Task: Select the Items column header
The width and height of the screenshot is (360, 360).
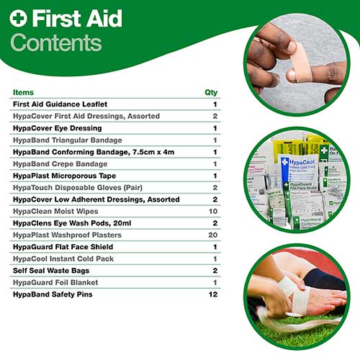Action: coord(23,93)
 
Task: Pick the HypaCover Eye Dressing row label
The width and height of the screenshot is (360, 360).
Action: coord(57,128)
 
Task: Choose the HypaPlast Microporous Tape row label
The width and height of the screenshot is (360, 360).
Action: coord(63,175)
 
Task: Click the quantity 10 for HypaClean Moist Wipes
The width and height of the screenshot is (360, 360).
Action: coord(213,211)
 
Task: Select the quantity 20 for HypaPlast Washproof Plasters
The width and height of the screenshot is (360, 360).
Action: coord(213,235)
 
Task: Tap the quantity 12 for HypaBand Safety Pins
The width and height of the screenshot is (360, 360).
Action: coord(213,294)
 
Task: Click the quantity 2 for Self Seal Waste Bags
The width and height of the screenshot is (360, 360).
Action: coord(215,270)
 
